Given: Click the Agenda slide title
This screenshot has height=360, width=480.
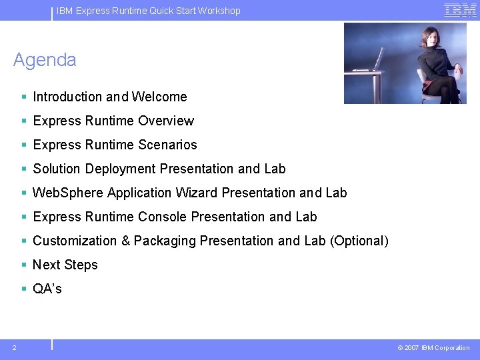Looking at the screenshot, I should point(45,60).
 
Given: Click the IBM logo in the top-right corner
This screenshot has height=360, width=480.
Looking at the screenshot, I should point(460,10).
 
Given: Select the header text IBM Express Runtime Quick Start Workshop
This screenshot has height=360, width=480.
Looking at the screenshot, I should point(149,11).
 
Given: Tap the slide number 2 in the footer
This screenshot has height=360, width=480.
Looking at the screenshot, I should point(14,347).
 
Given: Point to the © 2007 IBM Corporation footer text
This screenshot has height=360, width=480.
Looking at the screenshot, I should point(433,348).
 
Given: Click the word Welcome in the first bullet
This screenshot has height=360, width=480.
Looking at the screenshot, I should point(159,97).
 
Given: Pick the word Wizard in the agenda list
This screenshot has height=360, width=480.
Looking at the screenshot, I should point(197,193).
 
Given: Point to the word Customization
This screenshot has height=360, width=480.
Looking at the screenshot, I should point(75,241).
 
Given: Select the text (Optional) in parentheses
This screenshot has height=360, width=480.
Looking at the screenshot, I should point(359,241).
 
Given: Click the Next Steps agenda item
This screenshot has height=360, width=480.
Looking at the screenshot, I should point(65,265).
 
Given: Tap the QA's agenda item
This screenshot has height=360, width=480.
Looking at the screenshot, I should point(47,289).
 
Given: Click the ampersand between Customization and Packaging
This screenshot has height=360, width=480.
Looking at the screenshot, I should point(125,241).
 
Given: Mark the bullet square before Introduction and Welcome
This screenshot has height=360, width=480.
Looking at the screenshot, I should point(24,97).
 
